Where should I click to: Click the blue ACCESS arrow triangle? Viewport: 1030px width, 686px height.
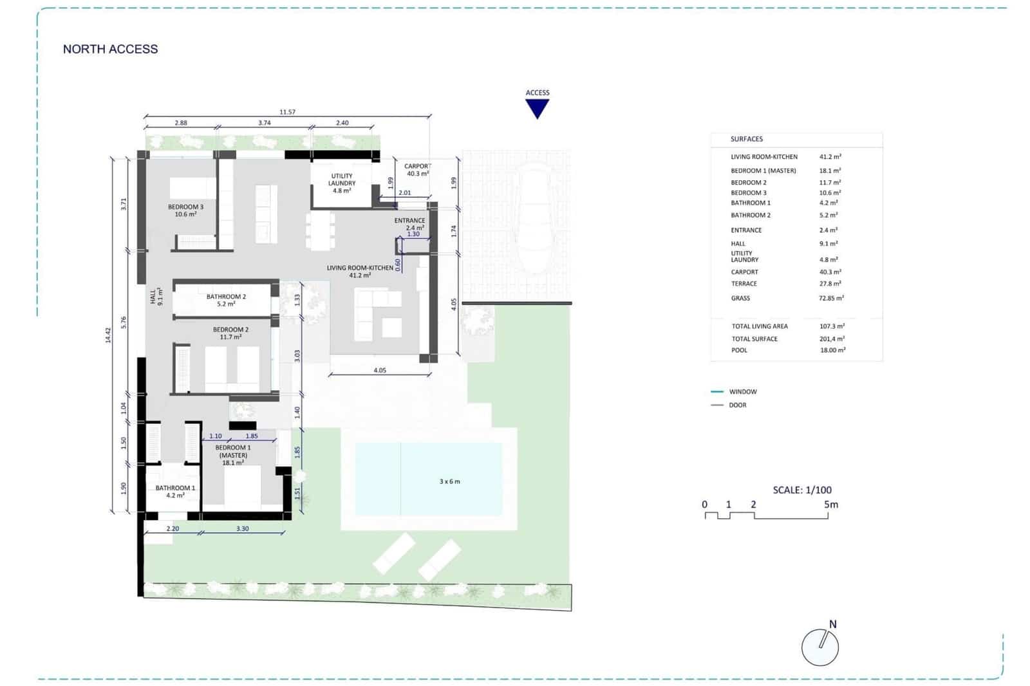[x=537, y=108]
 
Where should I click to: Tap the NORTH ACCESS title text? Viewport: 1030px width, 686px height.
[x=110, y=49]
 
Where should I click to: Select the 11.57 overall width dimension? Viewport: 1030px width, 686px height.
[x=287, y=112]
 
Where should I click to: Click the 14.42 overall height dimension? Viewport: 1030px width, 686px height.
[x=108, y=335]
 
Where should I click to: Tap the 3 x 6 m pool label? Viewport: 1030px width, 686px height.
[x=449, y=481]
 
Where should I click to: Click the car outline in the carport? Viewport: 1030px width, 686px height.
[x=535, y=219]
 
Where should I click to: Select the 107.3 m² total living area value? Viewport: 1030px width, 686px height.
[x=832, y=326]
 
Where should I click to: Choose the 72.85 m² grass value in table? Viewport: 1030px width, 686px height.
[x=831, y=298]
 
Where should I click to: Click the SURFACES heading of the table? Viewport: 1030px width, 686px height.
[x=746, y=139]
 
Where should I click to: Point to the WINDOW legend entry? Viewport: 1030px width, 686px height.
[x=742, y=391]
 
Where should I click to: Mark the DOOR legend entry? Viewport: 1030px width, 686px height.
[x=737, y=405]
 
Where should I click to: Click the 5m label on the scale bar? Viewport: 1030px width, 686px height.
[x=831, y=505]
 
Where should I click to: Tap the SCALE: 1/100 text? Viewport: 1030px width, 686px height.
[x=802, y=490]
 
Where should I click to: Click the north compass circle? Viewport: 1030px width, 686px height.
[x=819, y=647]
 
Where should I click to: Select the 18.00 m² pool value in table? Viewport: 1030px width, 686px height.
[x=832, y=350]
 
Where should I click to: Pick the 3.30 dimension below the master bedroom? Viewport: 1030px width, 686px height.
[x=242, y=528]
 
